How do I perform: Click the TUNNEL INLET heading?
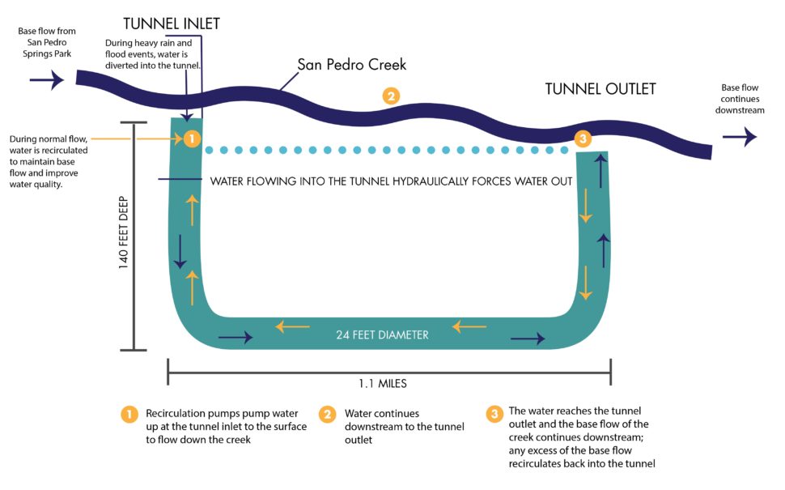click(x=172, y=23)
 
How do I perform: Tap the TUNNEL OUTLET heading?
click(x=600, y=89)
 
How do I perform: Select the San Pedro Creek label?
click(x=351, y=65)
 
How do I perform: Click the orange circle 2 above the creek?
click(x=391, y=96)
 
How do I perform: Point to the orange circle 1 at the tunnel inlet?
click(x=192, y=138)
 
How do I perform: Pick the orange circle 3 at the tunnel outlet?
click(x=583, y=138)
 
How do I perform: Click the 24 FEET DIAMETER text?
click(x=382, y=334)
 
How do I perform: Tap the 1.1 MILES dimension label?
click(x=383, y=383)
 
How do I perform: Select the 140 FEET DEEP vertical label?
click(x=124, y=232)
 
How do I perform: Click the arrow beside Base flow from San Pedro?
click(x=47, y=79)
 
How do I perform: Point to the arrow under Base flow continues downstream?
click(x=740, y=136)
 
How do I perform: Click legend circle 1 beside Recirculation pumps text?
click(x=129, y=415)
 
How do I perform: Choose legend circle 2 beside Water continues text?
click(x=328, y=415)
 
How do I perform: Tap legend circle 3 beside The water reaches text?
click(x=494, y=414)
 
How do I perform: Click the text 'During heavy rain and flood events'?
click(x=148, y=49)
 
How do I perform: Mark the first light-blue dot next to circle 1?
click(x=210, y=150)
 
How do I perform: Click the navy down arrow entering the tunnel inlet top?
click(x=186, y=96)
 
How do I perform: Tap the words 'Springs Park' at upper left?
click(x=47, y=53)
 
